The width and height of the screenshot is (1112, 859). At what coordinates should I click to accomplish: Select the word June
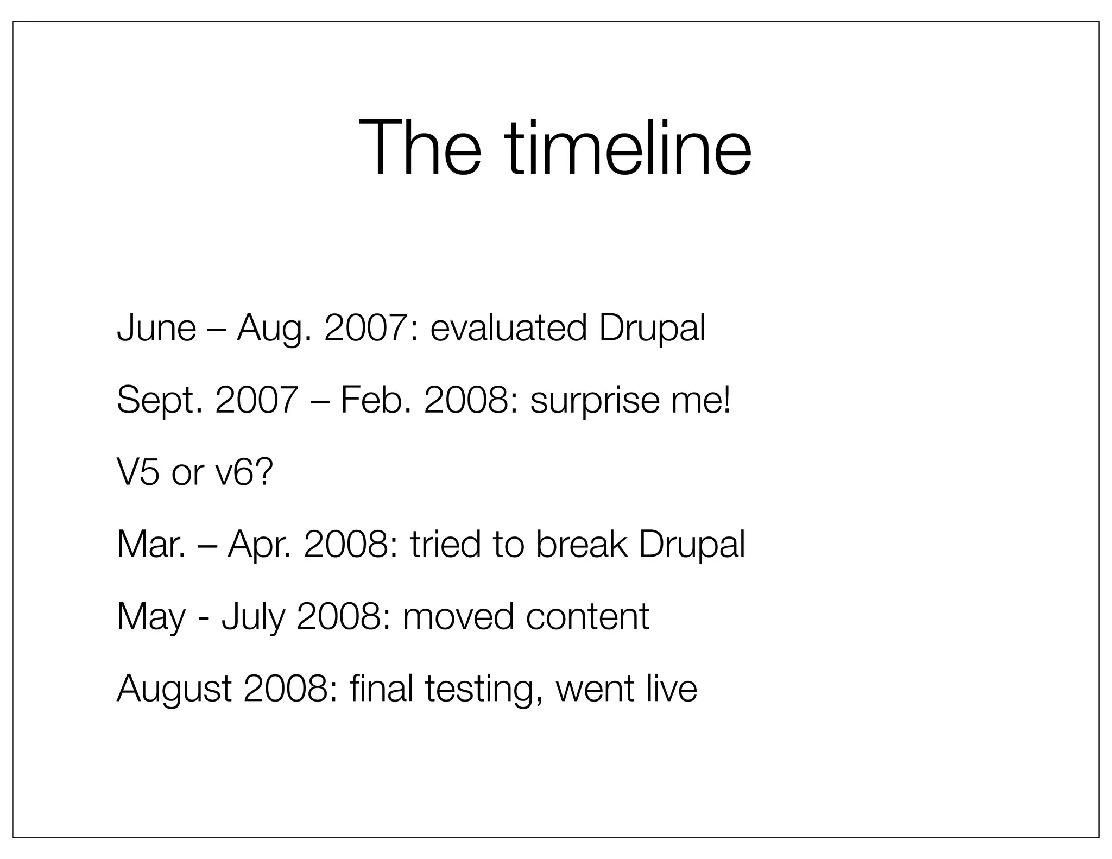[156, 328]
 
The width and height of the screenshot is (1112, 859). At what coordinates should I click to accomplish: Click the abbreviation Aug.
[275, 329]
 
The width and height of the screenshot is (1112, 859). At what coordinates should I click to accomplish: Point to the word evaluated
[509, 328]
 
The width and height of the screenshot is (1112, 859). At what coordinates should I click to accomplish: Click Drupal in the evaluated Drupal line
[652, 329]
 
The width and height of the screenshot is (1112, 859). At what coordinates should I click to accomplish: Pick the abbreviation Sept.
[160, 400]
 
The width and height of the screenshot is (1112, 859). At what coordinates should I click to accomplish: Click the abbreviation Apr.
[260, 545]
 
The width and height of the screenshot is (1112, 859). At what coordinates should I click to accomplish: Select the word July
[253, 617]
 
